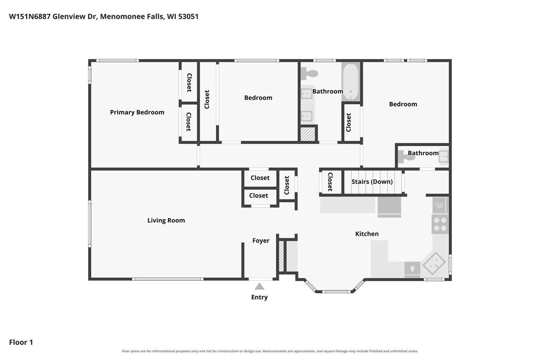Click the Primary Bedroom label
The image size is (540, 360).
137,112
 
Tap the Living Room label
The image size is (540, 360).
166,220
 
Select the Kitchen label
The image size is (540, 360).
367,234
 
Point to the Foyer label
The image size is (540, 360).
261,241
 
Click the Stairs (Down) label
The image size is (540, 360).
372,181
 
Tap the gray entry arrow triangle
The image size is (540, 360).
259,286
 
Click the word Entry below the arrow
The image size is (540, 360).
259,297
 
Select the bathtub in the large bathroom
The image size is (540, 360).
351,82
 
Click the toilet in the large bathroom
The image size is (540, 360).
309,73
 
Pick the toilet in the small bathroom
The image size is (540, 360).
406,157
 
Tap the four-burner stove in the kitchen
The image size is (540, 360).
440,224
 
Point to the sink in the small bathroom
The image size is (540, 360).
443,157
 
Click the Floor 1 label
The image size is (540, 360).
21,342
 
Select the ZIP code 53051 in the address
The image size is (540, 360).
188,16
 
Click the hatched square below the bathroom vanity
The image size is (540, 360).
308,134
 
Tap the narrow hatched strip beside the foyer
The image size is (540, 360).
281,256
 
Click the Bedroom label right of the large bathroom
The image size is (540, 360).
403,104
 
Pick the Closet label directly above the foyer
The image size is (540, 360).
259,195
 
